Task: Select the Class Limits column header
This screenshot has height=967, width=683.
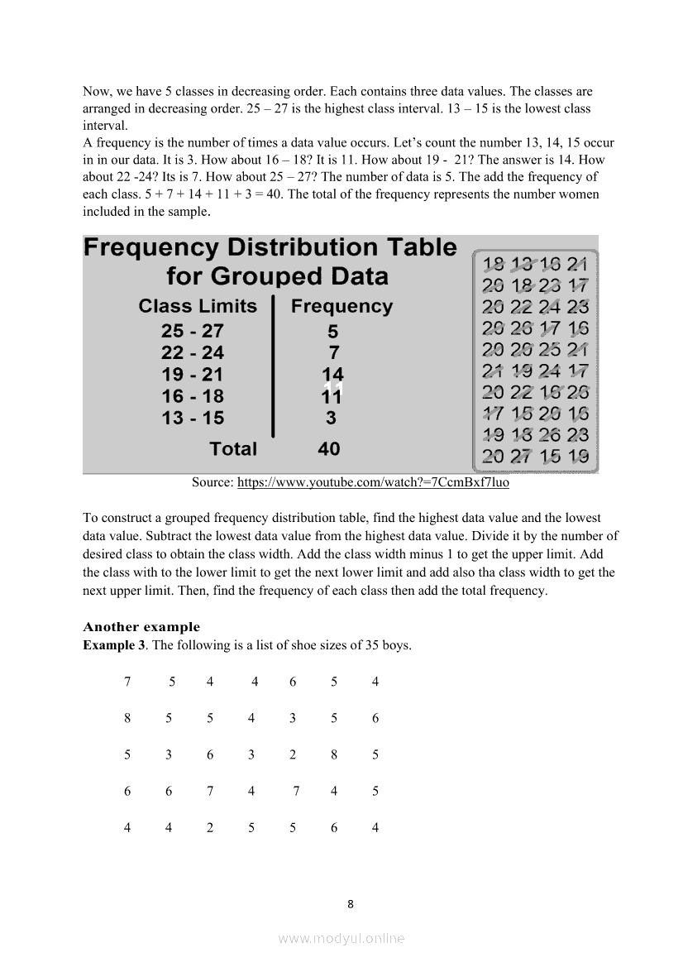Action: pyautogui.click(x=198, y=306)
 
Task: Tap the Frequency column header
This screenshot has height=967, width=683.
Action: pyautogui.click(x=341, y=306)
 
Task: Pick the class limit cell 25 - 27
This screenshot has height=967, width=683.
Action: pyautogui.click(x=193, y=331)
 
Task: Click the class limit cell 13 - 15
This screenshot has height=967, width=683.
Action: pyautogui.click(x=193, y=419)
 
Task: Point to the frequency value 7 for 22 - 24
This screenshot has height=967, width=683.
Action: pyautogui.click(x=333, y=353)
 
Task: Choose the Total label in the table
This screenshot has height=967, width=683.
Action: pyautogui.click(x=233, y=449)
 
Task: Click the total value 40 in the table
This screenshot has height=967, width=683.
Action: pyautogui.click(x=329, y=449)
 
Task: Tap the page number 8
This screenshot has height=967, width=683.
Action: pyautogui.click(x=351, y=904)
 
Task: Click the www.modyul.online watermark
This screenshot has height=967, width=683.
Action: pyautogui.click(x=341, y=939)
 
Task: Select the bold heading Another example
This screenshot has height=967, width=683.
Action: pyautogui.click(x=141, y=627)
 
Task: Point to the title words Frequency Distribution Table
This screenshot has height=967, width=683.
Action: pyautogui.click(x=270, y=248)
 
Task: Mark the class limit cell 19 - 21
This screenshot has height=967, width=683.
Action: pyautogui.click(x=193, y=375)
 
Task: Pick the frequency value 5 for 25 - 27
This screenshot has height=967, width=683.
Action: pyautogui.click(x=333, y=331)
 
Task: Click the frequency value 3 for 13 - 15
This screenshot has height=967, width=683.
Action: pyautogui.click(x=332, y=419)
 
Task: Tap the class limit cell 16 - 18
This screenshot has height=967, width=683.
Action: pyautogui.click(x=193, y=396)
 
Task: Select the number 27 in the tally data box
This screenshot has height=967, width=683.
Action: pyautogui.click(x=518, y=456)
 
